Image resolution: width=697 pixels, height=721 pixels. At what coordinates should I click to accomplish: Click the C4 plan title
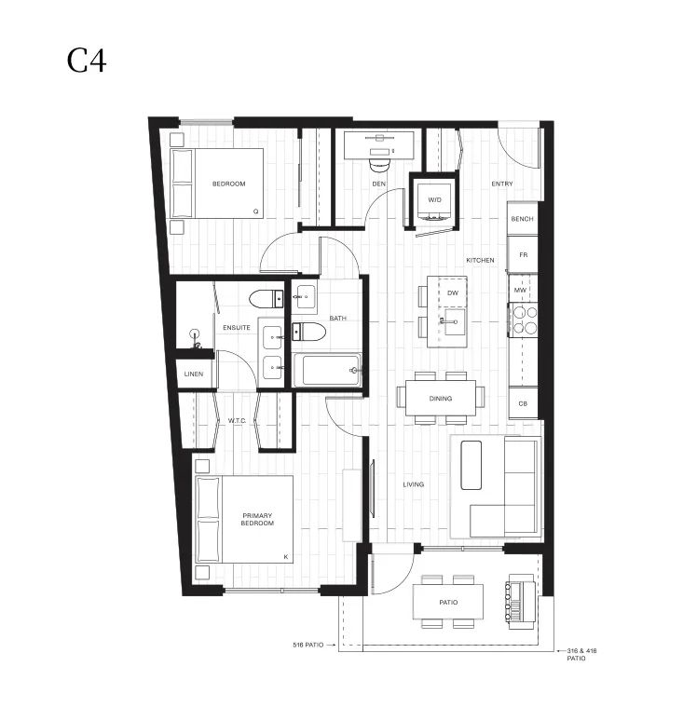point(87,61)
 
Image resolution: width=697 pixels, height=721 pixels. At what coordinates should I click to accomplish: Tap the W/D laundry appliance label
point(434,200)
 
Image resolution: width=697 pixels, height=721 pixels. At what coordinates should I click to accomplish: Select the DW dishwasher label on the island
point(453,292)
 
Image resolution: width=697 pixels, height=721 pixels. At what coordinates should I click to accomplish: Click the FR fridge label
point(523,254)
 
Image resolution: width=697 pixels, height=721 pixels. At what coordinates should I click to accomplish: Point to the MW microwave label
point(520,290)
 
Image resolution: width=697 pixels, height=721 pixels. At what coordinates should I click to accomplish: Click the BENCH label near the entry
point(522,219)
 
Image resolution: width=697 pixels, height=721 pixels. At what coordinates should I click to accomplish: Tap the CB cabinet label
point(523,403)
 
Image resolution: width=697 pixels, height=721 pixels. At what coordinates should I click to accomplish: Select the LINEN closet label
point(193,374)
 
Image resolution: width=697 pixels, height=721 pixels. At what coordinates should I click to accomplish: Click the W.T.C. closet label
point(237,420)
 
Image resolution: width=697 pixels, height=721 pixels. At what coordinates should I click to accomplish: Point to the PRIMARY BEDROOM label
point(257,519)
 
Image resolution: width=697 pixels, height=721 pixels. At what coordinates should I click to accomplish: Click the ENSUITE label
point(237,327)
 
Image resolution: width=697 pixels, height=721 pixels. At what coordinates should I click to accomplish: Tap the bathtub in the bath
point(327,371)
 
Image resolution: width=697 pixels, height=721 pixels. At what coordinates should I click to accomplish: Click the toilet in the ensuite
point(266,299)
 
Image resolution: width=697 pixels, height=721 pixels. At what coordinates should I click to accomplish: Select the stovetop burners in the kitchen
point(524,320)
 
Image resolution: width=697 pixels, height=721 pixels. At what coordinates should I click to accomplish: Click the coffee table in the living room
point(471,466)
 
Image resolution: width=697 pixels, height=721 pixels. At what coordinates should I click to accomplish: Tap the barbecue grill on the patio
point(520,602)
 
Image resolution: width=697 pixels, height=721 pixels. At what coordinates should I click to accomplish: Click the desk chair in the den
point(379,165)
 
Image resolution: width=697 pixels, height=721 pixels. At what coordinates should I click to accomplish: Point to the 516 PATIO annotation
point(307,645)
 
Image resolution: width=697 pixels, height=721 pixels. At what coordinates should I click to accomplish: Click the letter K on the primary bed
point(286,557)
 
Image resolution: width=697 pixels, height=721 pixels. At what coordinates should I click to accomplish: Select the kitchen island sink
point(453,322)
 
